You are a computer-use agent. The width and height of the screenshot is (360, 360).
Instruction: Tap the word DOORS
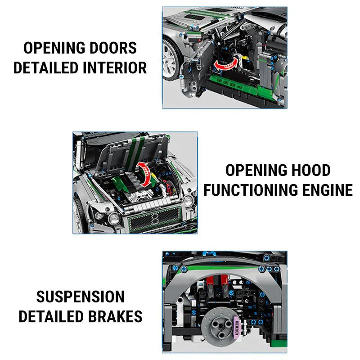click(113, 48)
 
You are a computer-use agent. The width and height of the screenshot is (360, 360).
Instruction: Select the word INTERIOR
click(115, 67)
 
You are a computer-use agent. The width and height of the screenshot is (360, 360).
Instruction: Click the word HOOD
click(309, 171)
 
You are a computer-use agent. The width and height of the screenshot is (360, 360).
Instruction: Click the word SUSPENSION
click(81, 297)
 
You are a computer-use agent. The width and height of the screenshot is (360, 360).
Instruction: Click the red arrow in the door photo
click(226, 64)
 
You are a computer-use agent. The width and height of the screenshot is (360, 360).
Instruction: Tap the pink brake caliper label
click(239, 325)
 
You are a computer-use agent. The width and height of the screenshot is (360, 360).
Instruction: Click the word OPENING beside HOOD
click(254, 171)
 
